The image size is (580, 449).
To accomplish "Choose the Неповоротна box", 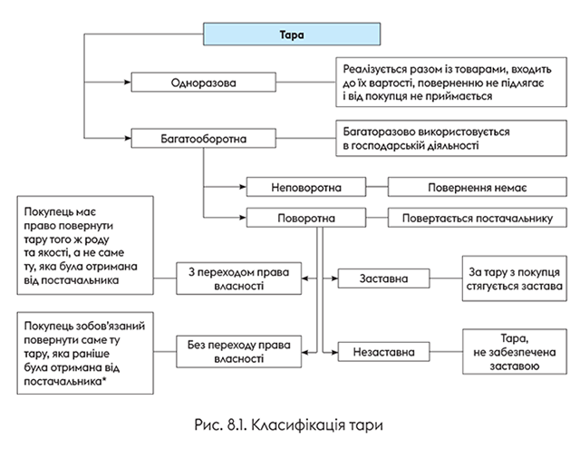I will coord(305,188).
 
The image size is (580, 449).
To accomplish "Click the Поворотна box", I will coord(305,219).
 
